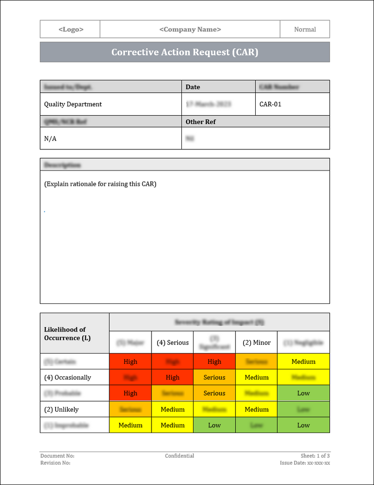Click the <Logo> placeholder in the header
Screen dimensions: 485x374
point(71,29)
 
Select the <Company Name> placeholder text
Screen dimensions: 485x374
point(190,29)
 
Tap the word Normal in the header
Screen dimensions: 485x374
point(305,29)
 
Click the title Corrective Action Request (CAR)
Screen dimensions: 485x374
point(185,52)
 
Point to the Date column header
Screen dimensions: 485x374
point(193,87)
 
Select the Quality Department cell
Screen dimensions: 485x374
point(73,104)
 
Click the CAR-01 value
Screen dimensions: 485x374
point(270,104)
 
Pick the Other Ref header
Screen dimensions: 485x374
point(201,122)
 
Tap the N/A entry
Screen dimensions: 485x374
point(50,139)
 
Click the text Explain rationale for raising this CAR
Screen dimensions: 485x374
point(100,184)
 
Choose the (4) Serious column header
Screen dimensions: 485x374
point(173,342)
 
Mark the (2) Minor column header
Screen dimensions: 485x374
point(257,342)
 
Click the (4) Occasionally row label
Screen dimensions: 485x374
point(68,377)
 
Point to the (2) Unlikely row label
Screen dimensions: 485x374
point(61,409)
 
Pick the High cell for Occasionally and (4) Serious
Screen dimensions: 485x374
point(173,377)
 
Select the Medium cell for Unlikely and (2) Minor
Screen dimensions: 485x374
point(257,409)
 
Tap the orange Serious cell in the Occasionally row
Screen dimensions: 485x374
point(215,377)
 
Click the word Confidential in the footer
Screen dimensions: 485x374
point(180,456)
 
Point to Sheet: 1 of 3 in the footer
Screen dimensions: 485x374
point(315,456)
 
